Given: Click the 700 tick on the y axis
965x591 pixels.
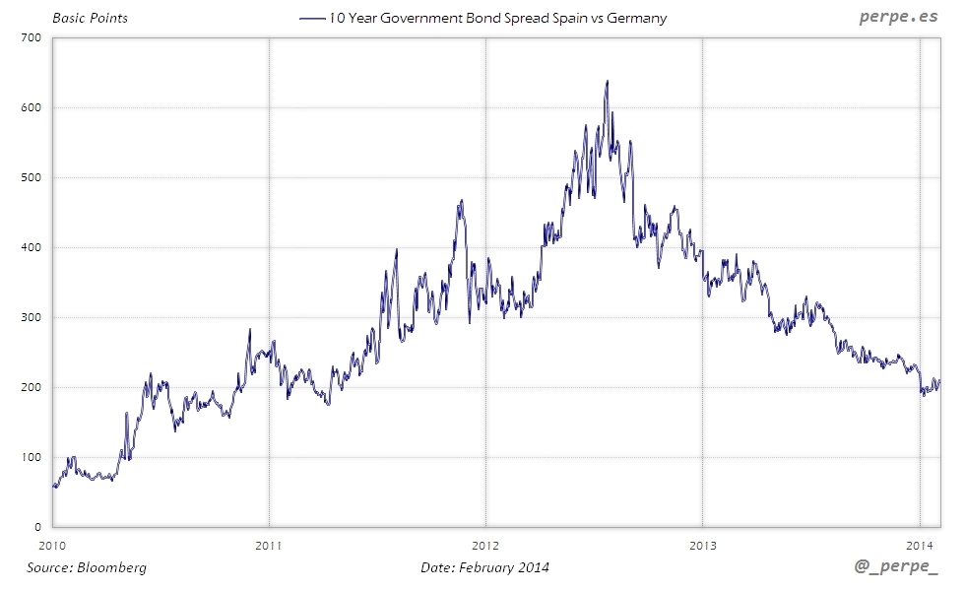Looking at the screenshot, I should click(31, 37).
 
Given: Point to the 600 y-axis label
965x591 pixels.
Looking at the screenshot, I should click(31, 107).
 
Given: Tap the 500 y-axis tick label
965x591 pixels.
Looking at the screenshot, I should click(31, 177).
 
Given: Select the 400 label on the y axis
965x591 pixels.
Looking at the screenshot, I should click(31, 247).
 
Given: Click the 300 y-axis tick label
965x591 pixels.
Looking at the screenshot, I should click(31, 317).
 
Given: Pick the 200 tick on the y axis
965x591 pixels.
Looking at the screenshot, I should click(31, 387).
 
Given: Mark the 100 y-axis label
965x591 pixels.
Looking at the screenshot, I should click(31, 457).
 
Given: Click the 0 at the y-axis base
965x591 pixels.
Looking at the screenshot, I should click(37, 527).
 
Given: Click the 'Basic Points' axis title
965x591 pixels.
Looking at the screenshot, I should click(90, 18).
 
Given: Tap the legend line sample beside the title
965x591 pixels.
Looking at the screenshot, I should click(312, 18).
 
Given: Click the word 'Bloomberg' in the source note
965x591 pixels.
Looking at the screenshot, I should click(112, 567).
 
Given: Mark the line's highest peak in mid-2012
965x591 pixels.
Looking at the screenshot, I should click(607, 82).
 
